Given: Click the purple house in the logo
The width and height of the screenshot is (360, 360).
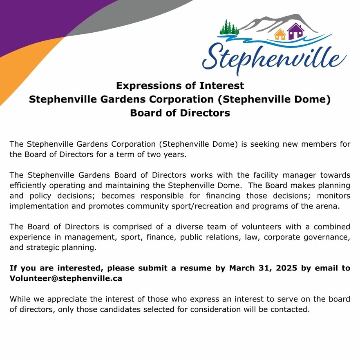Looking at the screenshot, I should tap(295, 31).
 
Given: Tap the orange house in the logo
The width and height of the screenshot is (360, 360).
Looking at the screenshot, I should tap(280, 35).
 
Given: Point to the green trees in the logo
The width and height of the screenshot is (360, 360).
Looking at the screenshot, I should tap(229, 27).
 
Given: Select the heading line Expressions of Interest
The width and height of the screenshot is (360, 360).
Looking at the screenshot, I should tap(180, 86).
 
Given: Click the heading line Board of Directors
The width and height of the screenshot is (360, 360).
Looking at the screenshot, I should tap(180, 113).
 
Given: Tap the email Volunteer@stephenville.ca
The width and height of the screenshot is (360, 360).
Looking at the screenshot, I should tap(66, 278).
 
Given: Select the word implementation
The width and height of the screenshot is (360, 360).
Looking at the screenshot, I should tap(39, 206).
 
